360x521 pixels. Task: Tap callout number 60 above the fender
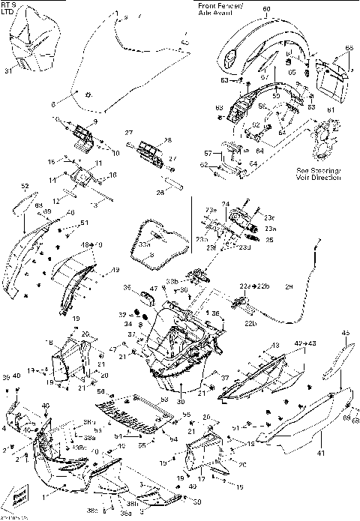point(265,10)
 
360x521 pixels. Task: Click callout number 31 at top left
point(9,71)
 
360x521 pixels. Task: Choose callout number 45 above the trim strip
point(346,334)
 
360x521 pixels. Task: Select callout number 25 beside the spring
point(269,239)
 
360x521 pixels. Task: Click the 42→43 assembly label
point(304,343)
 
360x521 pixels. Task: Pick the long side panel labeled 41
point(300,420)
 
